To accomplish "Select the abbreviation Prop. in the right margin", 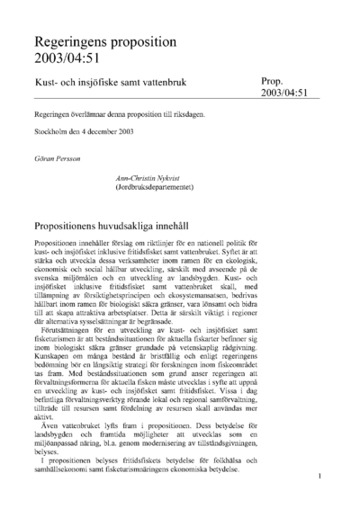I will click(274, 80).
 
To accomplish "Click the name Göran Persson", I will click(58, 156).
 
